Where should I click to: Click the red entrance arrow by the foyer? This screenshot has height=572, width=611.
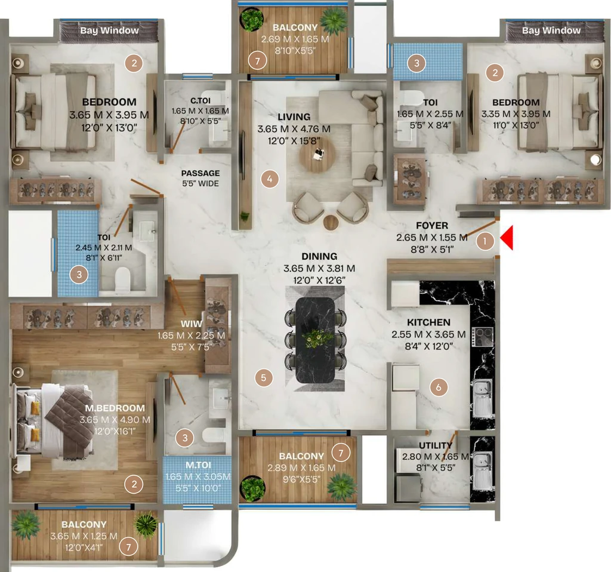[x=507, y=238]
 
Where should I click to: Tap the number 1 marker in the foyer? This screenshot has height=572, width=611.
[x=485, y=241]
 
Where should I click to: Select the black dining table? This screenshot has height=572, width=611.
[x=315, y=340]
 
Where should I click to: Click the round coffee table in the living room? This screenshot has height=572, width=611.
[x=317, y=155]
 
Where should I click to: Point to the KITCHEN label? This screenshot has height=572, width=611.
[x=428, y=322]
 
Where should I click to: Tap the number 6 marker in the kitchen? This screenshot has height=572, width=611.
[x=439, y=387]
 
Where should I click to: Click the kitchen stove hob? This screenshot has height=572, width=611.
[x=482, y=337]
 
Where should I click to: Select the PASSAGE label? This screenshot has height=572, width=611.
[x=200, y=173]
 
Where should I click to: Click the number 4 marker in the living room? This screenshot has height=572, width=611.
[x=269, y=179]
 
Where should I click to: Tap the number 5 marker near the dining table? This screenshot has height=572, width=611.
[x=263, y=377]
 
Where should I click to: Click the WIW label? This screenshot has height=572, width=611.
[x=192, y=324]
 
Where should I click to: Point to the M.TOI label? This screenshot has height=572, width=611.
[x=198, y=465]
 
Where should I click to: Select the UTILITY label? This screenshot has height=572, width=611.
[x=436, y=445]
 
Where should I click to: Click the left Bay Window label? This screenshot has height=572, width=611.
[x=110, y=30]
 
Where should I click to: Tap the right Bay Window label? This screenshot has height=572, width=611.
[x=551, y=30]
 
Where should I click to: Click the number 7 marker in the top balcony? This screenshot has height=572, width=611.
[x=257, y=61]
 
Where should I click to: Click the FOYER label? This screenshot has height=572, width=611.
[x=432, y=226]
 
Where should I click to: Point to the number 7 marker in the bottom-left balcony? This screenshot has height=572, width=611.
[x=129, y=547]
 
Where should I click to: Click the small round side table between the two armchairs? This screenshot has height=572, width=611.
[x=331, y=222]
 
